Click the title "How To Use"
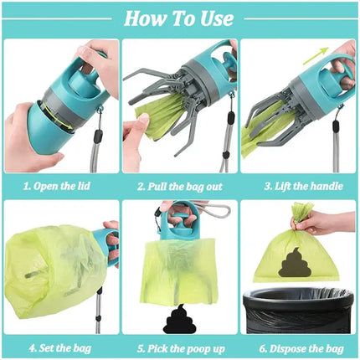click(179, 18)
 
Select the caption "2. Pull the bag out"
click(179, 186)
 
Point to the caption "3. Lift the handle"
click(299, 186)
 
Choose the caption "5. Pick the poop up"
click(179, 344)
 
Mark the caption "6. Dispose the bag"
click(299, 344)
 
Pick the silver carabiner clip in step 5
click(206, 208)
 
